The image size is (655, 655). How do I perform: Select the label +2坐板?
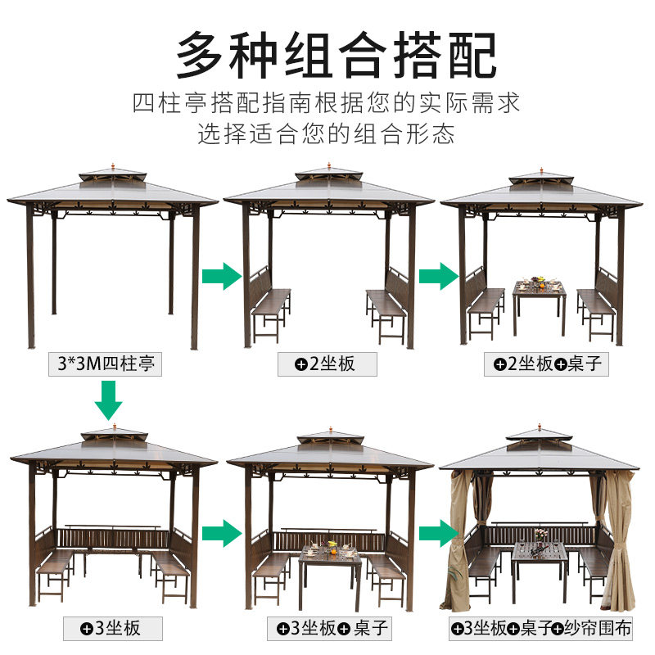tap(327, 364)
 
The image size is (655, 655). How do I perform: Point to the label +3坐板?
tap(112, 629)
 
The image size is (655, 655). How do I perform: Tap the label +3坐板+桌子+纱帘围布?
tap(542, 629)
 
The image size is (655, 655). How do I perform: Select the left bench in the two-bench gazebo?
tap(268, 307)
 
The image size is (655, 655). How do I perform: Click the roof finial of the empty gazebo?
tap(112, 167)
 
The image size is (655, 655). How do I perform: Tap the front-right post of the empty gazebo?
tap(195, 278)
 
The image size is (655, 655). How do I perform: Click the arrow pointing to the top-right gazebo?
tap(438, 276)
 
